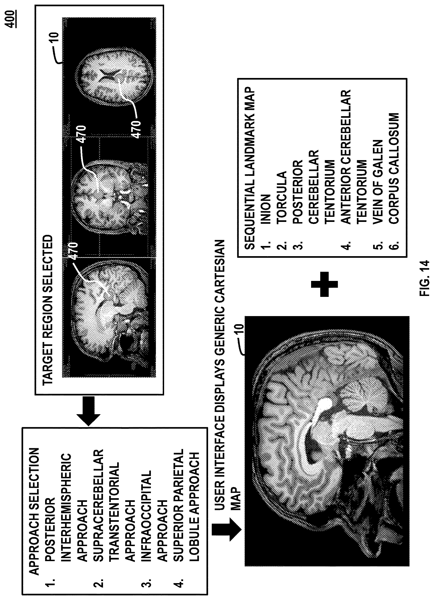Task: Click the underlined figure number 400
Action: [x=12, y=19]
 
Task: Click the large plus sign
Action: [x=324, y=284]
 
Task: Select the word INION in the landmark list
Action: [x=265, y=209]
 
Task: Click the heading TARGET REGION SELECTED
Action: [x=48, y=310]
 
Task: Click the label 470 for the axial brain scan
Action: [x=136, y=129]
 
